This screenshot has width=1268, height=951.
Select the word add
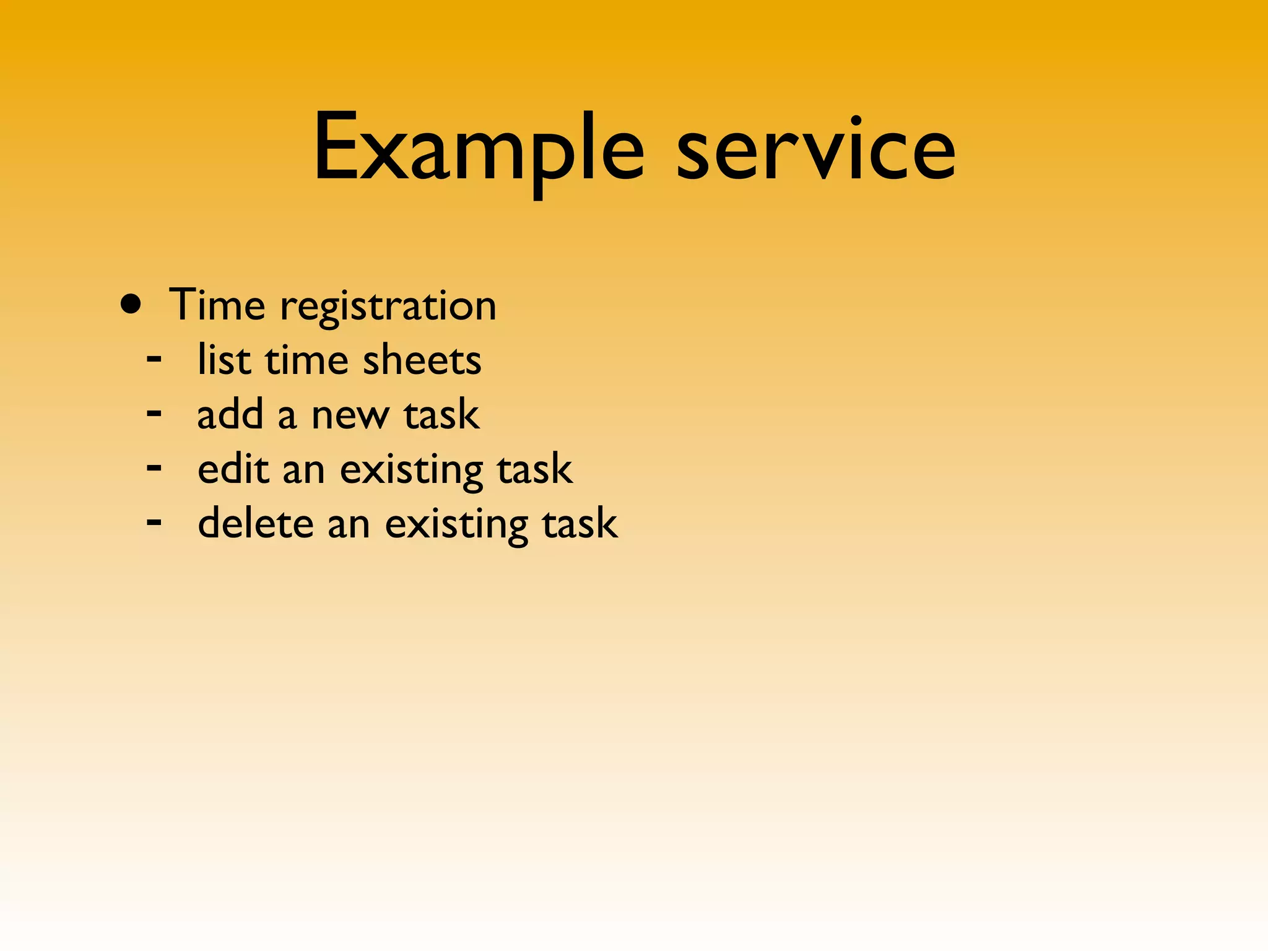click(230, 414)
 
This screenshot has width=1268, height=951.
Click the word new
click(350, 415)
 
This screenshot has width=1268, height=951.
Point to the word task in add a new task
click(441, 414)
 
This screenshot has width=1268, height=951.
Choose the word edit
click(233, 468)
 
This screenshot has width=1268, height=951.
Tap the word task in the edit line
click(535, 469)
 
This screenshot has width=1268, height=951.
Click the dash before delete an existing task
click(154, 521)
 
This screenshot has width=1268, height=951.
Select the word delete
click(256, 523)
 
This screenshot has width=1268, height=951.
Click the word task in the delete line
click(580, 524)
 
